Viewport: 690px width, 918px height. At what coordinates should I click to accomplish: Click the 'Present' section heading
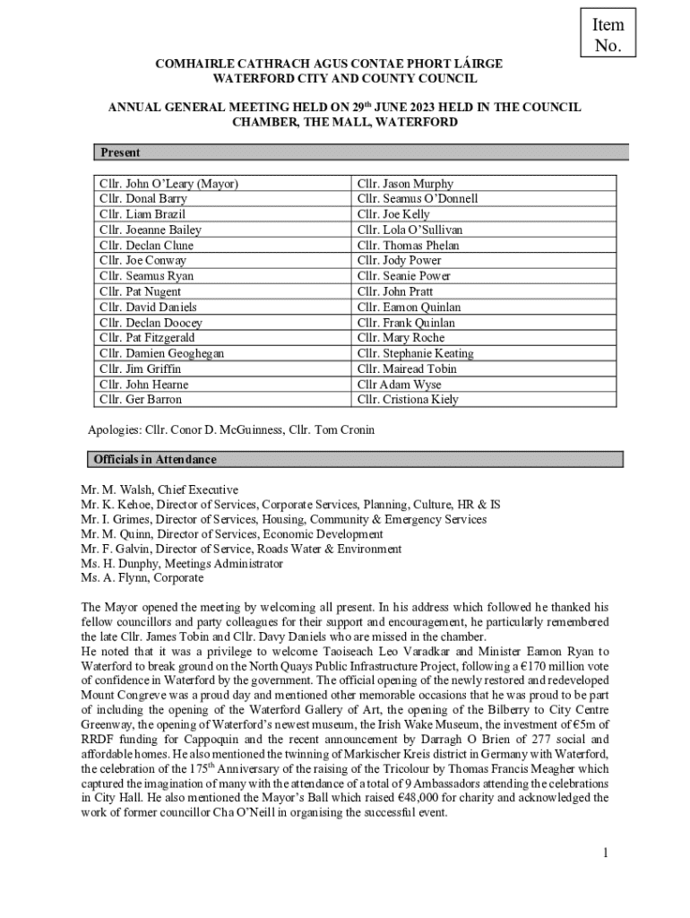(120, 153)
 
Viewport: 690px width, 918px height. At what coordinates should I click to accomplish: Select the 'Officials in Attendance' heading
(155, 460)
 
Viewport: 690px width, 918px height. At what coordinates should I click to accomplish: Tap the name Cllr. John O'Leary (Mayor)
(168, 184)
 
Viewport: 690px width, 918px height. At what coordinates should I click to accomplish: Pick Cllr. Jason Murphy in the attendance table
(405, 184)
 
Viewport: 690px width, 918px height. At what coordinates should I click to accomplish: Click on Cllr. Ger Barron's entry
(141, 399)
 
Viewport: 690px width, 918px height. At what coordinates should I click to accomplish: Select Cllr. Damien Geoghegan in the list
(162, 353)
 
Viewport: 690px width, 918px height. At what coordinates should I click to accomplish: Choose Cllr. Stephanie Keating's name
(415, 353)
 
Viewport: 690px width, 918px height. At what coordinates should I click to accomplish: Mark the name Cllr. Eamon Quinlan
(406, 307)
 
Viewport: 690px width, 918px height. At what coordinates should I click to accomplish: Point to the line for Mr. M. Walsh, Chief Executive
(160, 490)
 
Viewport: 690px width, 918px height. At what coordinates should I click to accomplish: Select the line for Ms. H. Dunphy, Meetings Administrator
(182, 564)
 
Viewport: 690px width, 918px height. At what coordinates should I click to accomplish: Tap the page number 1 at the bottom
(606, 853)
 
